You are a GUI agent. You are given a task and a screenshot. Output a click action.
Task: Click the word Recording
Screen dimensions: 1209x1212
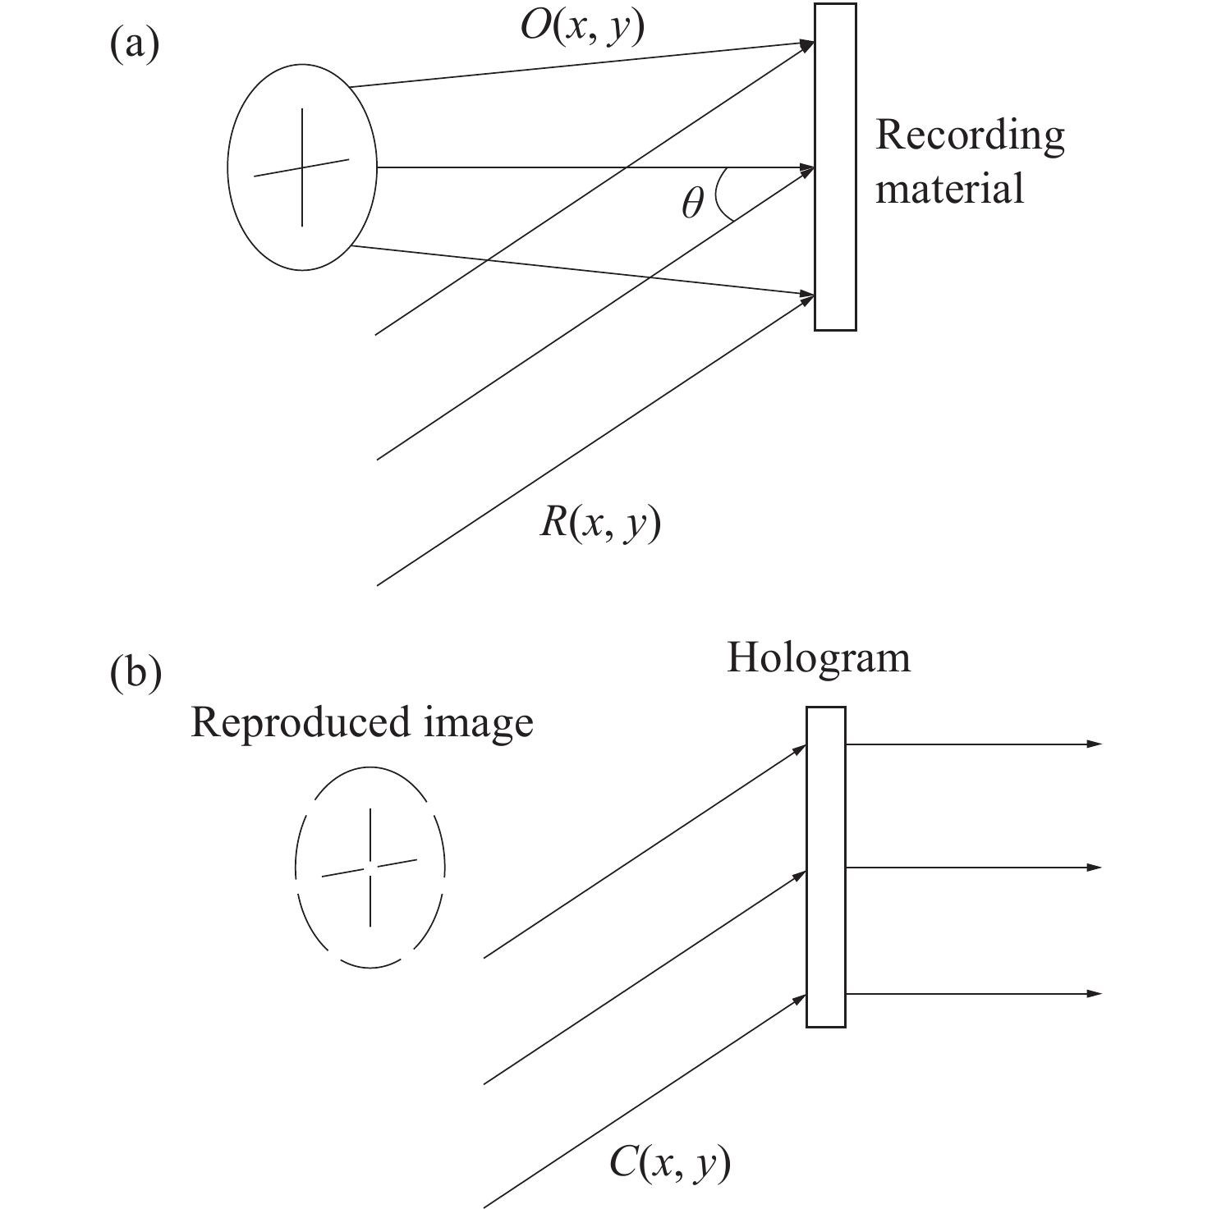click(970, 136)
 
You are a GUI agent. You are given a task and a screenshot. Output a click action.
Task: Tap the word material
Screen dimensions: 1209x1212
click(949, 188)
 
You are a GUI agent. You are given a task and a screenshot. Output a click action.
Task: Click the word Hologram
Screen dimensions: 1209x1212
click(819, 658)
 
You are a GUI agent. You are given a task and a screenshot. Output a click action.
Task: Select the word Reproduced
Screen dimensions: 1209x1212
click(300, 723)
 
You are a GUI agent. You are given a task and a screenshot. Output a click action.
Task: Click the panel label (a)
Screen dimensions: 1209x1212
click(134, 45)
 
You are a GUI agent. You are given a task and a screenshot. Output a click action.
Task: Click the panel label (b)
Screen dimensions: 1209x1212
click(135, 674)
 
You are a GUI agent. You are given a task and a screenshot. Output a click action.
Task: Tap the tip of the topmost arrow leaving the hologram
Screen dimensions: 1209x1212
click(1100, 744)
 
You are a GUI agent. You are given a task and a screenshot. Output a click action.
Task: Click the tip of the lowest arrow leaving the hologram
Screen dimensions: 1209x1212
click(1100, 994)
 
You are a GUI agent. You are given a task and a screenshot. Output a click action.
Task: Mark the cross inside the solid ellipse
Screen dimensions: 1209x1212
click(302, 167)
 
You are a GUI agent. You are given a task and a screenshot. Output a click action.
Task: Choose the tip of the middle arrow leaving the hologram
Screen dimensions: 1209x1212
click(1100, 868)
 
